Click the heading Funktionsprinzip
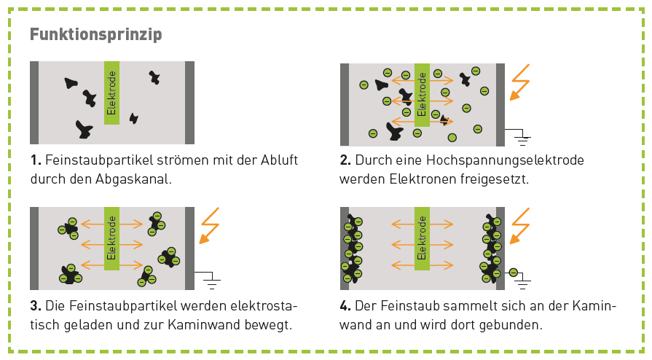tap(95, 34)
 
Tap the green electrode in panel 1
tap(111, 93)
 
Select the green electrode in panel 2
tap(422, 95)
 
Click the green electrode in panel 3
tap(111, 238)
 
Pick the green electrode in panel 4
tap(422, 238)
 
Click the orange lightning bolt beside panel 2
tap(519, 82)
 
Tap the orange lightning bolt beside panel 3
tap(209, 226)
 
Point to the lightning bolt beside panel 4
tap(519, 226)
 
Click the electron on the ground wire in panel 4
tap(514, 273)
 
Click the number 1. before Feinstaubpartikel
tap(36, 160)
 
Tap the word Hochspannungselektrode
tap(506, 160)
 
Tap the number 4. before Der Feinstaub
tap(345, 306)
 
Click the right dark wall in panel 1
tap(189, 103)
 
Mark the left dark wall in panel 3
tap(34, 249)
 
